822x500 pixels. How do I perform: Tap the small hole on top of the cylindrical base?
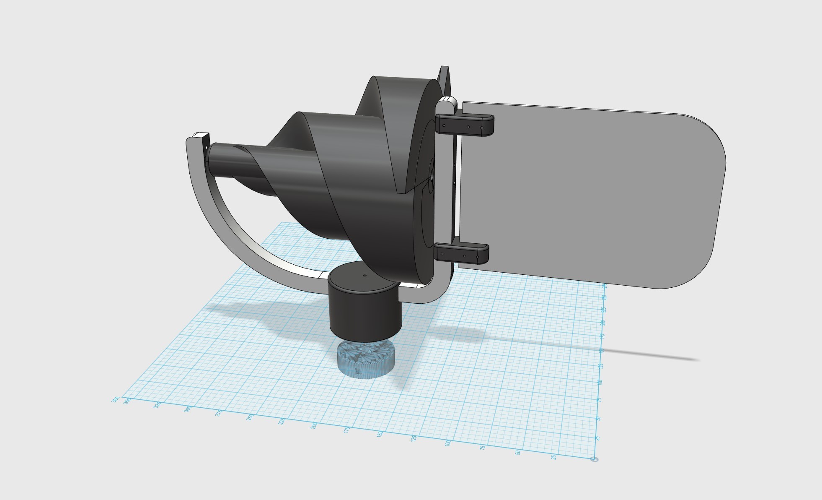364,276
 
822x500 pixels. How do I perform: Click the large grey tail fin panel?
587,193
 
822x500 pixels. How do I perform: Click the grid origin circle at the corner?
594,459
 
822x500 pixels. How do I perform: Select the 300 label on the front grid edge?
188,409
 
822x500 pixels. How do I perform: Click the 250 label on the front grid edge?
250,417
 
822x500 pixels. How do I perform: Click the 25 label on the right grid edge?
598,438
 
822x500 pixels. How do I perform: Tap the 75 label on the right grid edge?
599,400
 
